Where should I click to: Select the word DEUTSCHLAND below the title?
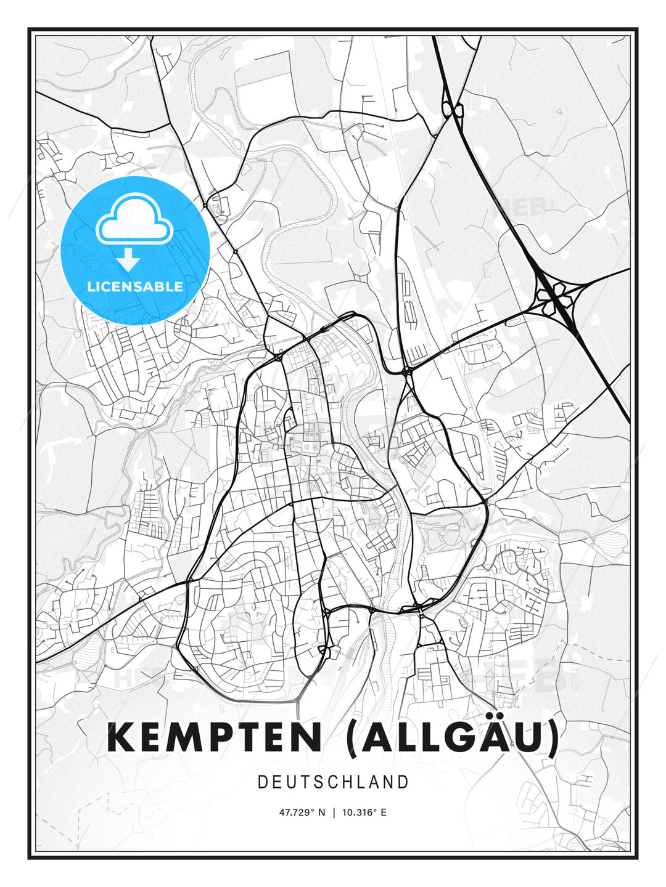[333, 782]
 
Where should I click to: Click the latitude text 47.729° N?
[302, 812]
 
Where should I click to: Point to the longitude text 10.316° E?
[364, 812]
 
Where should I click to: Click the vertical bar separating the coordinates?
[334, 812]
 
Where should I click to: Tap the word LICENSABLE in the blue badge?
[135, 286]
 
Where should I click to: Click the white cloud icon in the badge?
[133, 219]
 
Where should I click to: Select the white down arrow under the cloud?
[128, 259]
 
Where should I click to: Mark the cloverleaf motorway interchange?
[556, 297]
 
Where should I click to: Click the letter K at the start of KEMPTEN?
[121, 737]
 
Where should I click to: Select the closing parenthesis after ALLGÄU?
[553, 738]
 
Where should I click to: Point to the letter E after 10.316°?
[384, 812]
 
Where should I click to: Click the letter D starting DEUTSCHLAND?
[263, 782]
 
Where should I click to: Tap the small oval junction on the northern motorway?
[453, 110]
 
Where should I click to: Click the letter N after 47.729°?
[321, 812]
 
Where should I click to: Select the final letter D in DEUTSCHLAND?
[404, 782]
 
